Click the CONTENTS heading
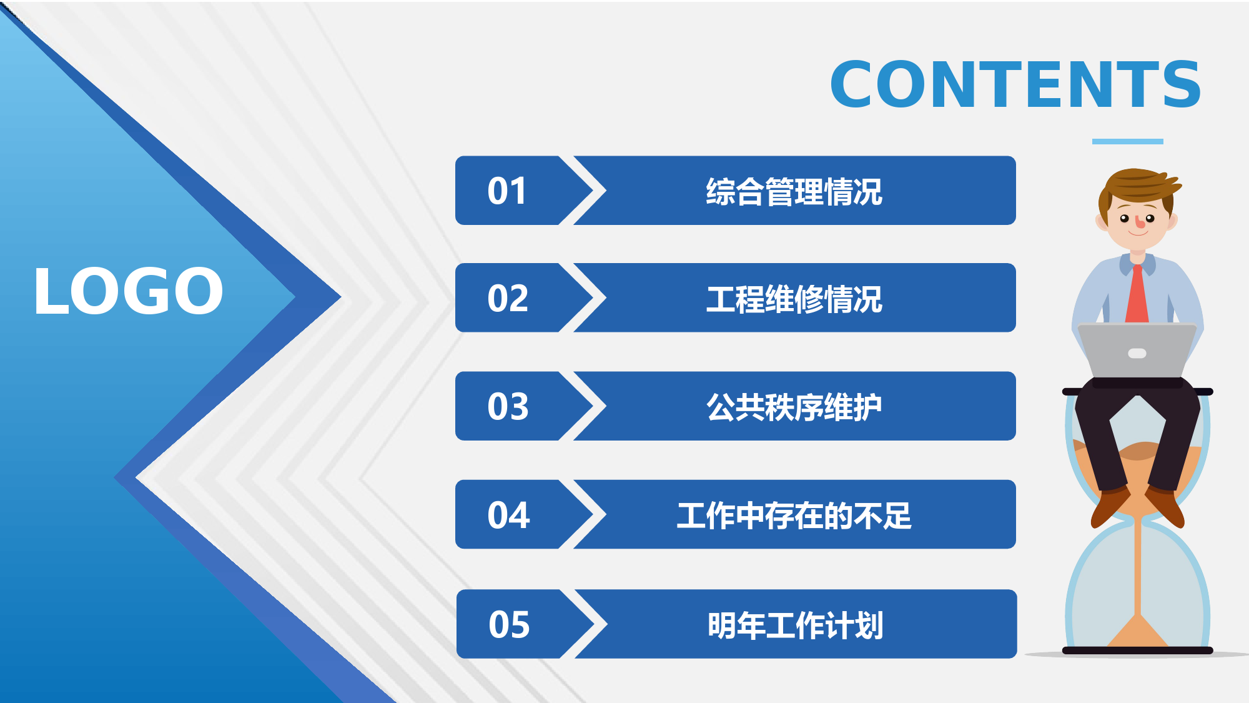(x=1015, y=84)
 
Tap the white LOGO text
(x=129, y=291)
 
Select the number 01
(x=507, y=191)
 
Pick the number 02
(x=508, y=298)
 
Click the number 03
(x=508, y=406)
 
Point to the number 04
(x=508, y=515)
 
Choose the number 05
(x=509, y=624)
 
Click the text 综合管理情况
(x=794, y=191)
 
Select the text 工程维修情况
(x=794, y=299)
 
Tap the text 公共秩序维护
(x=794, y=407)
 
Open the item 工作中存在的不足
(x=794, y=516)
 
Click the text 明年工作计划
(x=796, y=625)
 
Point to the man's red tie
(x=1137, y=295)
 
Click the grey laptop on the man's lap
(x=1137, y=351)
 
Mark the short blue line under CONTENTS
(x=1127, y=142)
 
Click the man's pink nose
(x=1140, y=222)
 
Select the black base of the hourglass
(x=1137, y=651)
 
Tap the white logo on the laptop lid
(x=1137, y=354)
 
